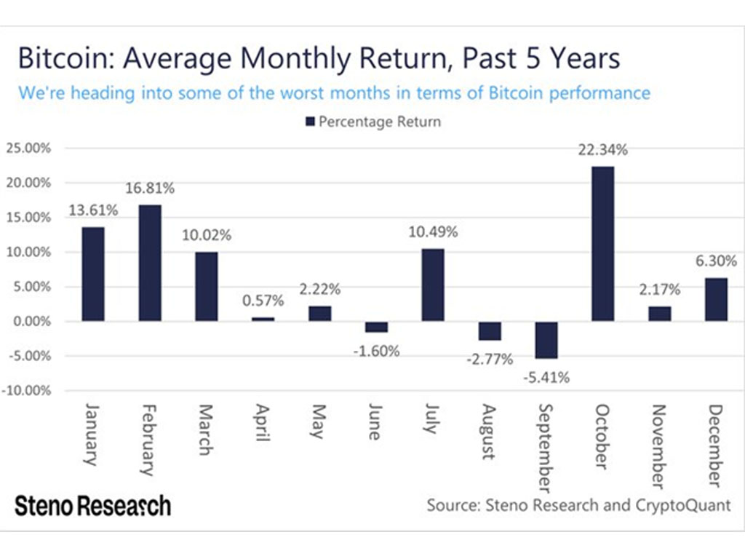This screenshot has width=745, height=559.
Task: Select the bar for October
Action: (x=603, y=244)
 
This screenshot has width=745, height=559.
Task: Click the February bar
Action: (x=150, y=263)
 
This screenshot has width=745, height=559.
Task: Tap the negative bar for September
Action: (x=547, y=340)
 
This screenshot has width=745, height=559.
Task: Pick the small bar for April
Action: (x=263, y=319)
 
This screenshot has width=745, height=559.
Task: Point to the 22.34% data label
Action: (x=603, y=150)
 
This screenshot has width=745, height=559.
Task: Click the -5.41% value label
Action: (x=547, y=377)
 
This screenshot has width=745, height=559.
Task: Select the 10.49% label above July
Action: (x=434, y=232)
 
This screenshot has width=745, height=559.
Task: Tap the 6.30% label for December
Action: (x=716, y=261)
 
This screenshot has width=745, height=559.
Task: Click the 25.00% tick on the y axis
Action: (x=28, y=148)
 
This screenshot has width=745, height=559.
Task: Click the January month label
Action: (x=92, y=434)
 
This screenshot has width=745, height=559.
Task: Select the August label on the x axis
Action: (x=488, y=432)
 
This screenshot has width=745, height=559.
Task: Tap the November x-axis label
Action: (x=658, y=446)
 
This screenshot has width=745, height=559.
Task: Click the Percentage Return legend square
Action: (x=309, y=122)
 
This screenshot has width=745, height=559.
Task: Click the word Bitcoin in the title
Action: (x=61, y=58)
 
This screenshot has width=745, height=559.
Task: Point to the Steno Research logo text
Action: (x=93, y=505)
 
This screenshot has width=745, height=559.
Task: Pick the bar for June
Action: (x=377, y=327)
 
